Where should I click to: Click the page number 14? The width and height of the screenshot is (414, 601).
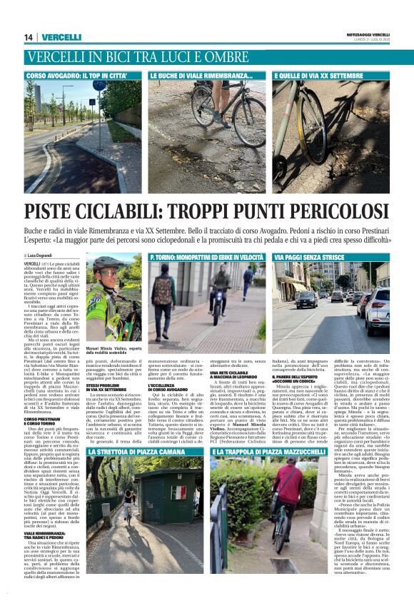pyautogui.click(x=29, y=37)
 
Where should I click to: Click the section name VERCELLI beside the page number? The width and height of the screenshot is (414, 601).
pyautogui.click(x=61, y=37)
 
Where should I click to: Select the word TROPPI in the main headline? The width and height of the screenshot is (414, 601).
pyautogui.click(x=191, y=211)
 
